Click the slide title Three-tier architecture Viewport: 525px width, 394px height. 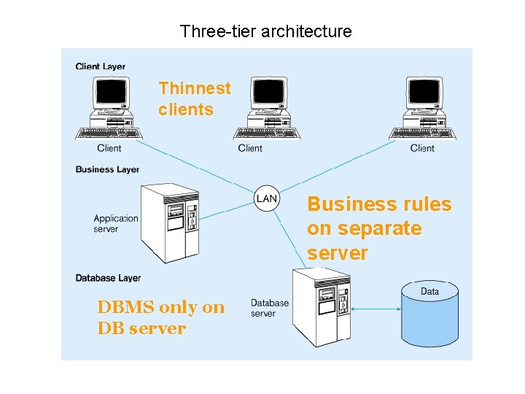(265, 31)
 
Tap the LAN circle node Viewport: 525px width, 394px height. (267, 198)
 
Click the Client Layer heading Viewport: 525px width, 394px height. (101, 66)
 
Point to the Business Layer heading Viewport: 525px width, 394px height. (107, 169)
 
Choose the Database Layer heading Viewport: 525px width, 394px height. (108, 278)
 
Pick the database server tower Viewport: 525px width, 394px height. (321, 306)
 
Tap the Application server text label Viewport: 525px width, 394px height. (116, 223)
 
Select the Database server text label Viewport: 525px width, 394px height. (270, 308)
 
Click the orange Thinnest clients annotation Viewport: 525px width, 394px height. (194, 99)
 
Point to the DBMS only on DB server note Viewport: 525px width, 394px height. (161, 317)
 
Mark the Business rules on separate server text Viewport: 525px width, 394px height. (379, 228)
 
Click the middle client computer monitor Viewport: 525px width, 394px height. (268, 93)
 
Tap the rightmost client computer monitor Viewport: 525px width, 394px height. (424, 93)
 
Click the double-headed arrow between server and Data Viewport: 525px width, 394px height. (376, 309)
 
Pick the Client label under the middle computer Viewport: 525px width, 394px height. (250, 148)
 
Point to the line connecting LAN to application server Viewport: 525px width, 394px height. (227, 209)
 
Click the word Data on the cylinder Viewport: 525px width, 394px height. (430, 292)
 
